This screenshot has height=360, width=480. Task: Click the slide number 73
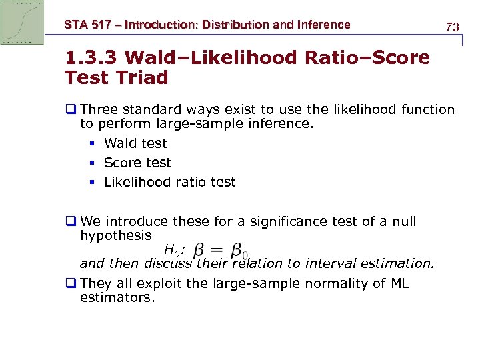coord(452,27)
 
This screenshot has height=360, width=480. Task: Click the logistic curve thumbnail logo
coord(22,23)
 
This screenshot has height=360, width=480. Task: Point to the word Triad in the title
coord(143,78)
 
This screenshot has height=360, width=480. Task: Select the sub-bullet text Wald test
coord(135,143)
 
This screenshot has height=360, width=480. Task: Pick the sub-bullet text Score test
coord(137,163)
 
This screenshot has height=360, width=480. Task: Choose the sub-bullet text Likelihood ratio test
coord(170,182)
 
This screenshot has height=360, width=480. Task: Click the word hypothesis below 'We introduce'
coord(115,235)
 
